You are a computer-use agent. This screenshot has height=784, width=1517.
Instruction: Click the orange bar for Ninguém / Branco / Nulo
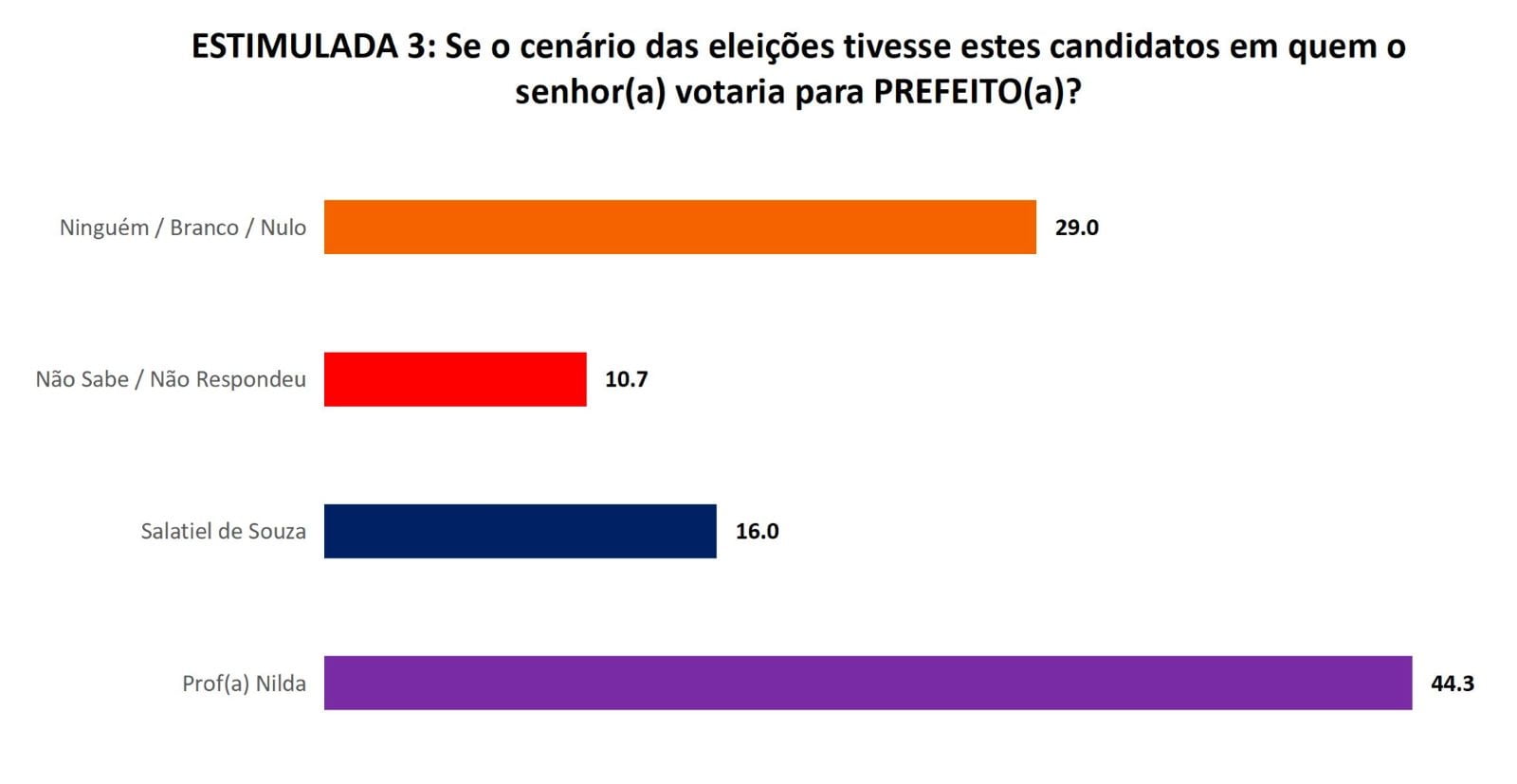tap(680, 227)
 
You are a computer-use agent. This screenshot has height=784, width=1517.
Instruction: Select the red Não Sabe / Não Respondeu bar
tap(455, 379)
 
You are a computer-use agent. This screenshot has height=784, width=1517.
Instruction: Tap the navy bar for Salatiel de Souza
tap(520, 531)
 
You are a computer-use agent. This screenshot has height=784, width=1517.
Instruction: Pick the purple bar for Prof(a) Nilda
tap(868, 683)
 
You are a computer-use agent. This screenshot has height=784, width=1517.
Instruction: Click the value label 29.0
tap(1076, 228)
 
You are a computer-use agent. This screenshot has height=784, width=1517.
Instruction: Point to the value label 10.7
tap(626, 379)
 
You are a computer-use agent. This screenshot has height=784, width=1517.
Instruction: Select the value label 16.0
tap(757, 531)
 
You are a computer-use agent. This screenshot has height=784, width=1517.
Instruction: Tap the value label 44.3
tap(1452, 684)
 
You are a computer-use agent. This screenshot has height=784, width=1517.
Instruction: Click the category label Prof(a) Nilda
tap(244, 684)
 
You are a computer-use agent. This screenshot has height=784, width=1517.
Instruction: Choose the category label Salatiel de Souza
tap(223, 531)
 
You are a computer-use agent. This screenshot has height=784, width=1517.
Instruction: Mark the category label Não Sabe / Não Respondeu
tap(171, 379)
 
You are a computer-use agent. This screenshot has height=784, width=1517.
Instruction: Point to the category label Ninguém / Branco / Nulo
tap(182, 228)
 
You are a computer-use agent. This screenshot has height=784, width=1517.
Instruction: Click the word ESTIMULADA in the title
tap(295, 46)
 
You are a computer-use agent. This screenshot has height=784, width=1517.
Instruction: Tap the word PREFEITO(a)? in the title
tap(978, 92)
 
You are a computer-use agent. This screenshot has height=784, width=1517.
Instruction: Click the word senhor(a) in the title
tap(590, 92)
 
